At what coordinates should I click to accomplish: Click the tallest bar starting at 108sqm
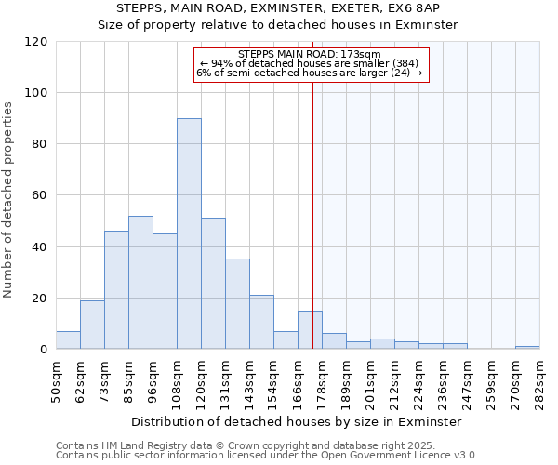pos(189,233)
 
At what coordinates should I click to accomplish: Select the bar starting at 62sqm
pos(92,325)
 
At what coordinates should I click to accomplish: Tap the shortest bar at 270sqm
pos(527,347)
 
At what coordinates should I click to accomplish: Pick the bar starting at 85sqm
pos(140,283)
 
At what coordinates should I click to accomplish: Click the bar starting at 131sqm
pos(237,304)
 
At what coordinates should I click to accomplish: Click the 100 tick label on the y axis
pos(36,93)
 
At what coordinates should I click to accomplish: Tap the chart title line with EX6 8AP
pos(278,8)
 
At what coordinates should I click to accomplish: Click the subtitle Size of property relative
pos(278,25)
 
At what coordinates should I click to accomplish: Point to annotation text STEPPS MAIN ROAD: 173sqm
pos(310,55)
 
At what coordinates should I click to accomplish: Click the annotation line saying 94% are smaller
pos(310,63)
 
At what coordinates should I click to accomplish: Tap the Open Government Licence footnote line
pos(267,456)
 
